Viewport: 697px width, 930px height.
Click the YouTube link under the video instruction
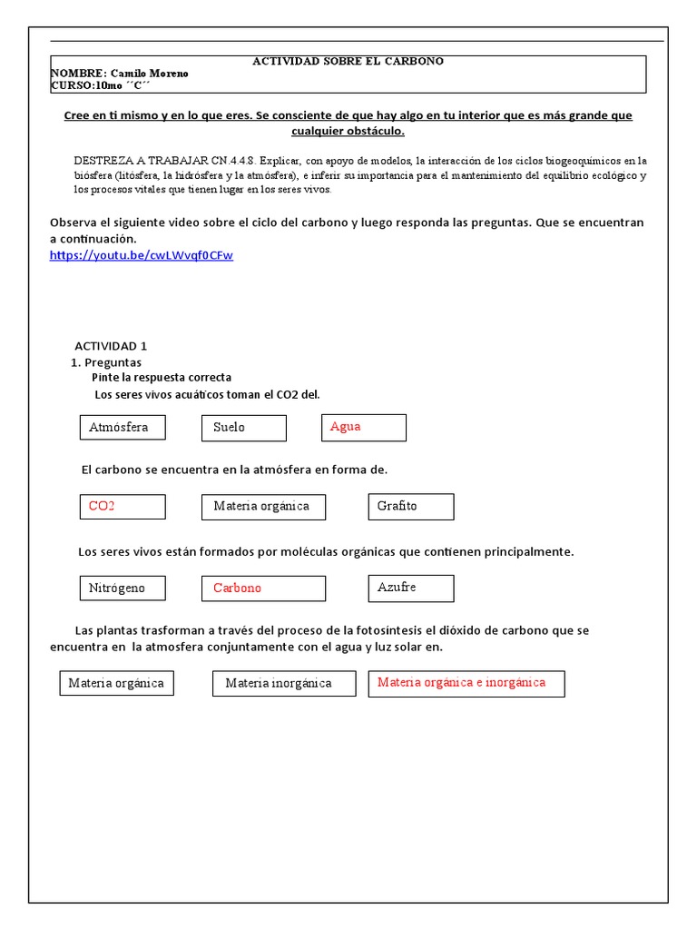(x=141, y=255)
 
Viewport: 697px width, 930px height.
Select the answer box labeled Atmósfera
(x=123, y=427)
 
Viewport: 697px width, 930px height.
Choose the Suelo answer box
(x=243, y=428)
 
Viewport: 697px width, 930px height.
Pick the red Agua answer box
(x=363, y=427)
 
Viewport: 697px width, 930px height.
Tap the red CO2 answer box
(x=123, y=506)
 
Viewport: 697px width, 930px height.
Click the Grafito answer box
(x=410, y=506)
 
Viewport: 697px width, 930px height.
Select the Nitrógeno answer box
(x=123, y=588)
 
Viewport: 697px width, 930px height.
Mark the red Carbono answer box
(x=263, y=588)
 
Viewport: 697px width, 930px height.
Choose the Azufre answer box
(x=410, y=588)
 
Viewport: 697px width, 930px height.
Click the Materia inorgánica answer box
(x=282, y=683)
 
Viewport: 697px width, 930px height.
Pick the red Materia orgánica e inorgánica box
(x=466, y=683)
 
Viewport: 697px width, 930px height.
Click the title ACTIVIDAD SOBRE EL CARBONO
(x=348, y=61)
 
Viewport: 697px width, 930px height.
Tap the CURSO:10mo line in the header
(x=101, y=85)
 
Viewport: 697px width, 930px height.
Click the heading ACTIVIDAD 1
(x=110, y=346)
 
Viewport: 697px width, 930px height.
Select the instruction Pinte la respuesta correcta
(x=162, y=377)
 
